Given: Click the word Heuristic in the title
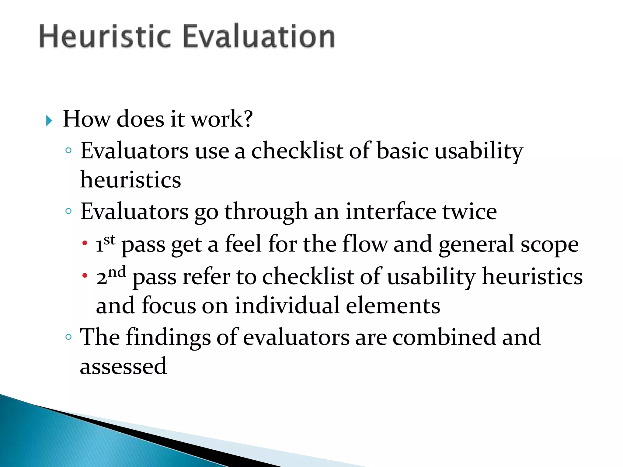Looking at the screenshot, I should (x=105, y=36).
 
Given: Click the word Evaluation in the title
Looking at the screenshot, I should (x=259, y=36).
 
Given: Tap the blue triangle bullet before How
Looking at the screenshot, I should (x=49, y=121).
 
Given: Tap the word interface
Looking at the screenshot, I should (x=391, y=212).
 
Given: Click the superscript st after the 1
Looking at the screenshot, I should (x=110, y=240).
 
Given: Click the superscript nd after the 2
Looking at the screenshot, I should (x=117, y=272).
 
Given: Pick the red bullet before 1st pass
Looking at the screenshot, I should (x=85, y=243).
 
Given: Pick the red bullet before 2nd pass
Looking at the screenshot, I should (x=85, y=276).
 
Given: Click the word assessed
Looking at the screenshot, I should (x=123, y=366).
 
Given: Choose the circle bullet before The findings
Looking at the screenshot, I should (x=68, y=337).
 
